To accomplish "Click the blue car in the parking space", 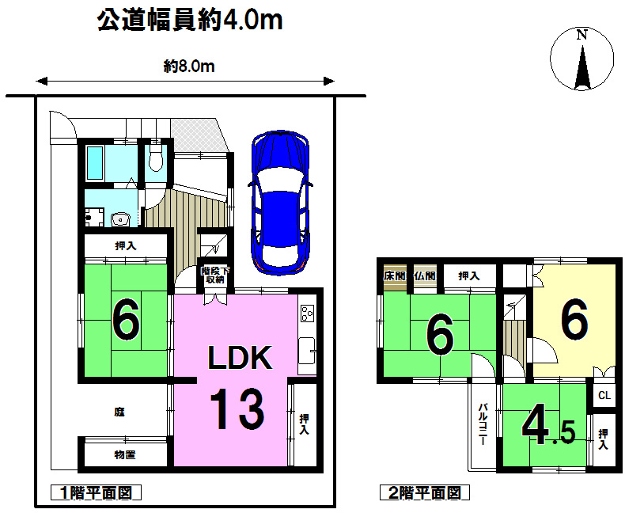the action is [x=280, y=202].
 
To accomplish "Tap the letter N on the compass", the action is [x=582, y=35].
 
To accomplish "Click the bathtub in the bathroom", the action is [x=95, y=163].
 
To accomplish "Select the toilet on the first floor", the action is [x=155, y=158].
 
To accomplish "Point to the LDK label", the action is [x=240, y=357].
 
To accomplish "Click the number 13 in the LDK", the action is [x=237, y=409].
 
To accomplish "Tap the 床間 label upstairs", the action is [x=395, y=275].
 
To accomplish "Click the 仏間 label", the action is [x=425, y=275].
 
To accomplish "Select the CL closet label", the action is [x=604, y=395].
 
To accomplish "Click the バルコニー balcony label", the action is [x=483, y=424].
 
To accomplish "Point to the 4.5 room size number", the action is [x=548, y=426].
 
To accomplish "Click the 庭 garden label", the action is [x=119, y=412].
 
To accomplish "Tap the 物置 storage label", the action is [x=125, y=454].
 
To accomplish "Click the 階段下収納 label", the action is [x=215, y=275].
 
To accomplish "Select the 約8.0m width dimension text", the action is [x=189, y=66].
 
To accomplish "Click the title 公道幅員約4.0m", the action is [x=190, y=20].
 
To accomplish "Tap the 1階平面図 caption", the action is [x=96, y=492].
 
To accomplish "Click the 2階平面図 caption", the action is [x=425, y=492].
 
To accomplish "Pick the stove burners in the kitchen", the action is [x=307, y=313].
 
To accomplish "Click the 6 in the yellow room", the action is [x=574, y=319].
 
